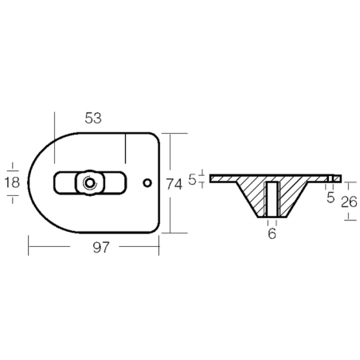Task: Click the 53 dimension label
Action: pyautogui.click(x=93, y=119)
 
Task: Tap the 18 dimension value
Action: pyautogui.click(x=12, y=182)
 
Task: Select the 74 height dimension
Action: pyautogui.click(x=174, y=185)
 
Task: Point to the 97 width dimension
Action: pyautogui.click(x=101, y=248)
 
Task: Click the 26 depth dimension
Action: pyautogui.click(x=350, y=202)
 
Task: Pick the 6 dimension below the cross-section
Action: pyautogui.click(x=272, y=233)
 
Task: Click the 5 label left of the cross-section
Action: pyautogui.click(x=193, y=180)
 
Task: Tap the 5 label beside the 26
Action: pyautogui.click(x=331, y=198)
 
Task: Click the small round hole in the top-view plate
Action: pyautogui.click(x=147, y=182)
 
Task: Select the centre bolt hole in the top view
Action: pyautogui.click(x=90, y=182)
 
